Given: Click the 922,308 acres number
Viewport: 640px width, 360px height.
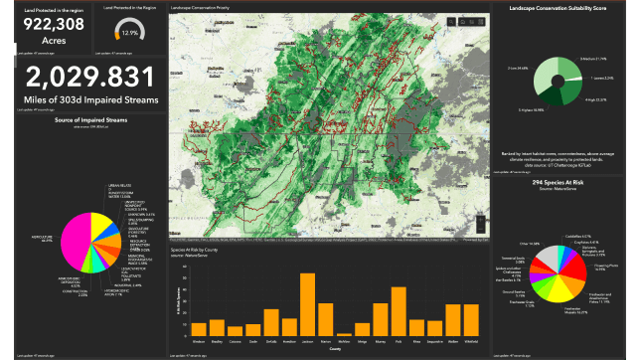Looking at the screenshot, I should tap(48, 23).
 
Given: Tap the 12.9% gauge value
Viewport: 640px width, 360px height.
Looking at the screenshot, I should tap(129, 33).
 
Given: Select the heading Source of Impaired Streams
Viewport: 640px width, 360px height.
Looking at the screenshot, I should tap(83, 119).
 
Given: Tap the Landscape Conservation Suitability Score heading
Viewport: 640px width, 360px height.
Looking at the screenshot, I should tap(563, 9).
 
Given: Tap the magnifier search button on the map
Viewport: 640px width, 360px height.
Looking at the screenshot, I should tap(450, 22).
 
